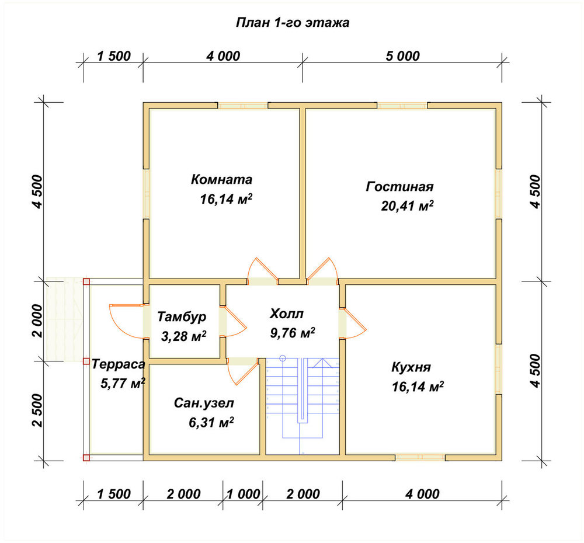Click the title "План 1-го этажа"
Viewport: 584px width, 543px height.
tap(293, 23)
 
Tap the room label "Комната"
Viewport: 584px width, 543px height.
tap(221, 179)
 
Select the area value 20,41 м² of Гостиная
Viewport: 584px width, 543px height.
tap(407, 206)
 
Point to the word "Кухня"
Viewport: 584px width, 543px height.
tap(411, 367)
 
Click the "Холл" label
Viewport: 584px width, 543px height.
tap(286, 314)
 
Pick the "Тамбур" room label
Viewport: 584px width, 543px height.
tap(182, 316)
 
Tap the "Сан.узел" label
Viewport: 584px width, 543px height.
tap(204, 403)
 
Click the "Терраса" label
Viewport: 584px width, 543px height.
tap(118, 364)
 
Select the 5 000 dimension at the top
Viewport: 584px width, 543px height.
tap(402, 56)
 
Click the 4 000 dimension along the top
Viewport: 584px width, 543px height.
tap(223, 56)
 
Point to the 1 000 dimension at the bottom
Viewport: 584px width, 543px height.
tap(243, 494)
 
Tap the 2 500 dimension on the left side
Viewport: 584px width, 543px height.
tap(38, 411)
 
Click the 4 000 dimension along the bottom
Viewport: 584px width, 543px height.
tap(422, 494)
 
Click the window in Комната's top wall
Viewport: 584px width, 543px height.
tap(242, 106)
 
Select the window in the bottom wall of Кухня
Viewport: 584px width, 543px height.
tap(420, 457)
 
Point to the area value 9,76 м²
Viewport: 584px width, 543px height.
tap(293, 333)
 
